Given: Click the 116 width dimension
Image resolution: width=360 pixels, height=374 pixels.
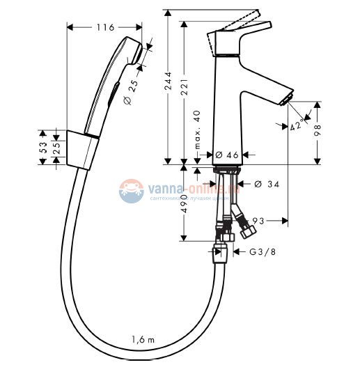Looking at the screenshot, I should pyautogui.click(x=104, y=27).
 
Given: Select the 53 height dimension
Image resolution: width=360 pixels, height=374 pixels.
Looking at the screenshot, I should pyautogui.click(x=43, y=147).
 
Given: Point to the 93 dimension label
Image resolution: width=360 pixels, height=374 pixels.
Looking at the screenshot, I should pyautogui.click(x=258, y=221).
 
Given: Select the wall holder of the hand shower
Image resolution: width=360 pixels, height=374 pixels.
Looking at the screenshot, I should pyautogui.click(x=83, y=148).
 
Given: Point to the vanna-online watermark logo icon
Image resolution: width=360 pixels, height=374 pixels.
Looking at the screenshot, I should pyautogui.click(x=130, y=190).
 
